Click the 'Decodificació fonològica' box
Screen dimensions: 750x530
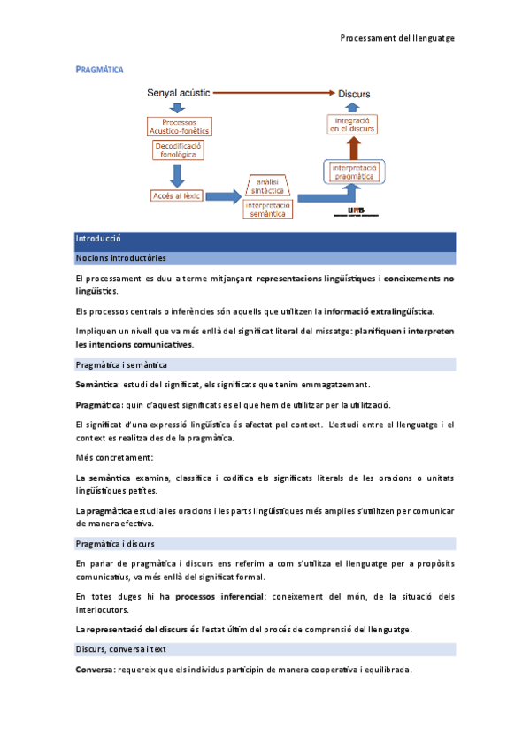pyautogui.click(x=178, y=149)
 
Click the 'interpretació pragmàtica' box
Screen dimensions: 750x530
pyautogui.click(x=354, y=172)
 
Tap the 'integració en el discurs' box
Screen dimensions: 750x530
pyautogui.click(x=352, y=124)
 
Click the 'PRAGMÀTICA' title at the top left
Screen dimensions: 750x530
pyautogui.click(x=99, y=68)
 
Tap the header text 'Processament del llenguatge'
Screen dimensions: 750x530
pyautogui.click(x=397, y=39)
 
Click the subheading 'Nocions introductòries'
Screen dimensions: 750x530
pyautogui.click(x=121, y=258)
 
